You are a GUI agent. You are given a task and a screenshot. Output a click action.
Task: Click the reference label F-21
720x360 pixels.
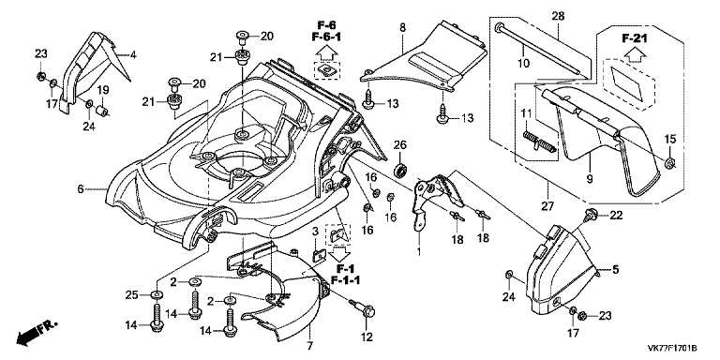point(636,38)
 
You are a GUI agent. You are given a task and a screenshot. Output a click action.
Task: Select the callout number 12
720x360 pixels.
point(366,337)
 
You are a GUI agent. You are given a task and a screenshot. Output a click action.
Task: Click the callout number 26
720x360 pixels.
point(400,144)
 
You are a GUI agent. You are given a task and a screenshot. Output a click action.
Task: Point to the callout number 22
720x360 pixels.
point(616,217)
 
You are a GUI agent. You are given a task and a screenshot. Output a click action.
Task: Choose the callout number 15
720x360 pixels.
point(670,140)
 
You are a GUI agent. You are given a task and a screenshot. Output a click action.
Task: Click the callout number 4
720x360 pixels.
point(133,55)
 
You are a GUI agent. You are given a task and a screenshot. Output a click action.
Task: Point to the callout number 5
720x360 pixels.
point(616,269)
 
